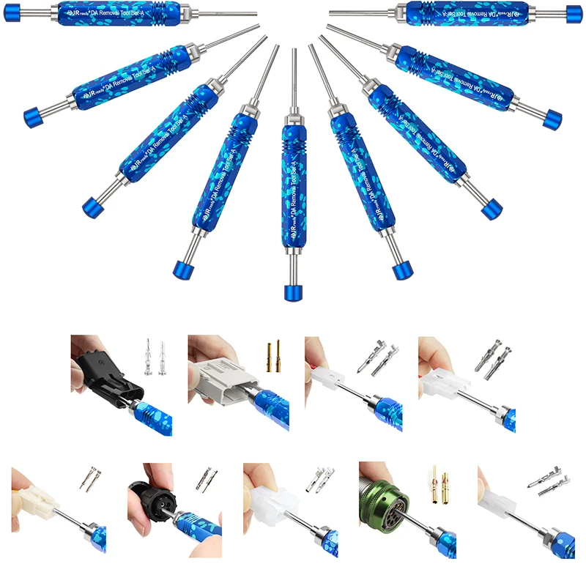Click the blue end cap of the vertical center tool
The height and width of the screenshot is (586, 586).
pyautogui.click(x=293, y=292)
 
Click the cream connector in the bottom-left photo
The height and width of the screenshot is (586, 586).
pyautogui.click(x=37, y=501)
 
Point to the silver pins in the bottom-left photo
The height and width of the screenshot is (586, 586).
pyautogui.click(x=92, y=480)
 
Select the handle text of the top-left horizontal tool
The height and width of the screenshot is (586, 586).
pyautogui.click(x=110, y=12)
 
